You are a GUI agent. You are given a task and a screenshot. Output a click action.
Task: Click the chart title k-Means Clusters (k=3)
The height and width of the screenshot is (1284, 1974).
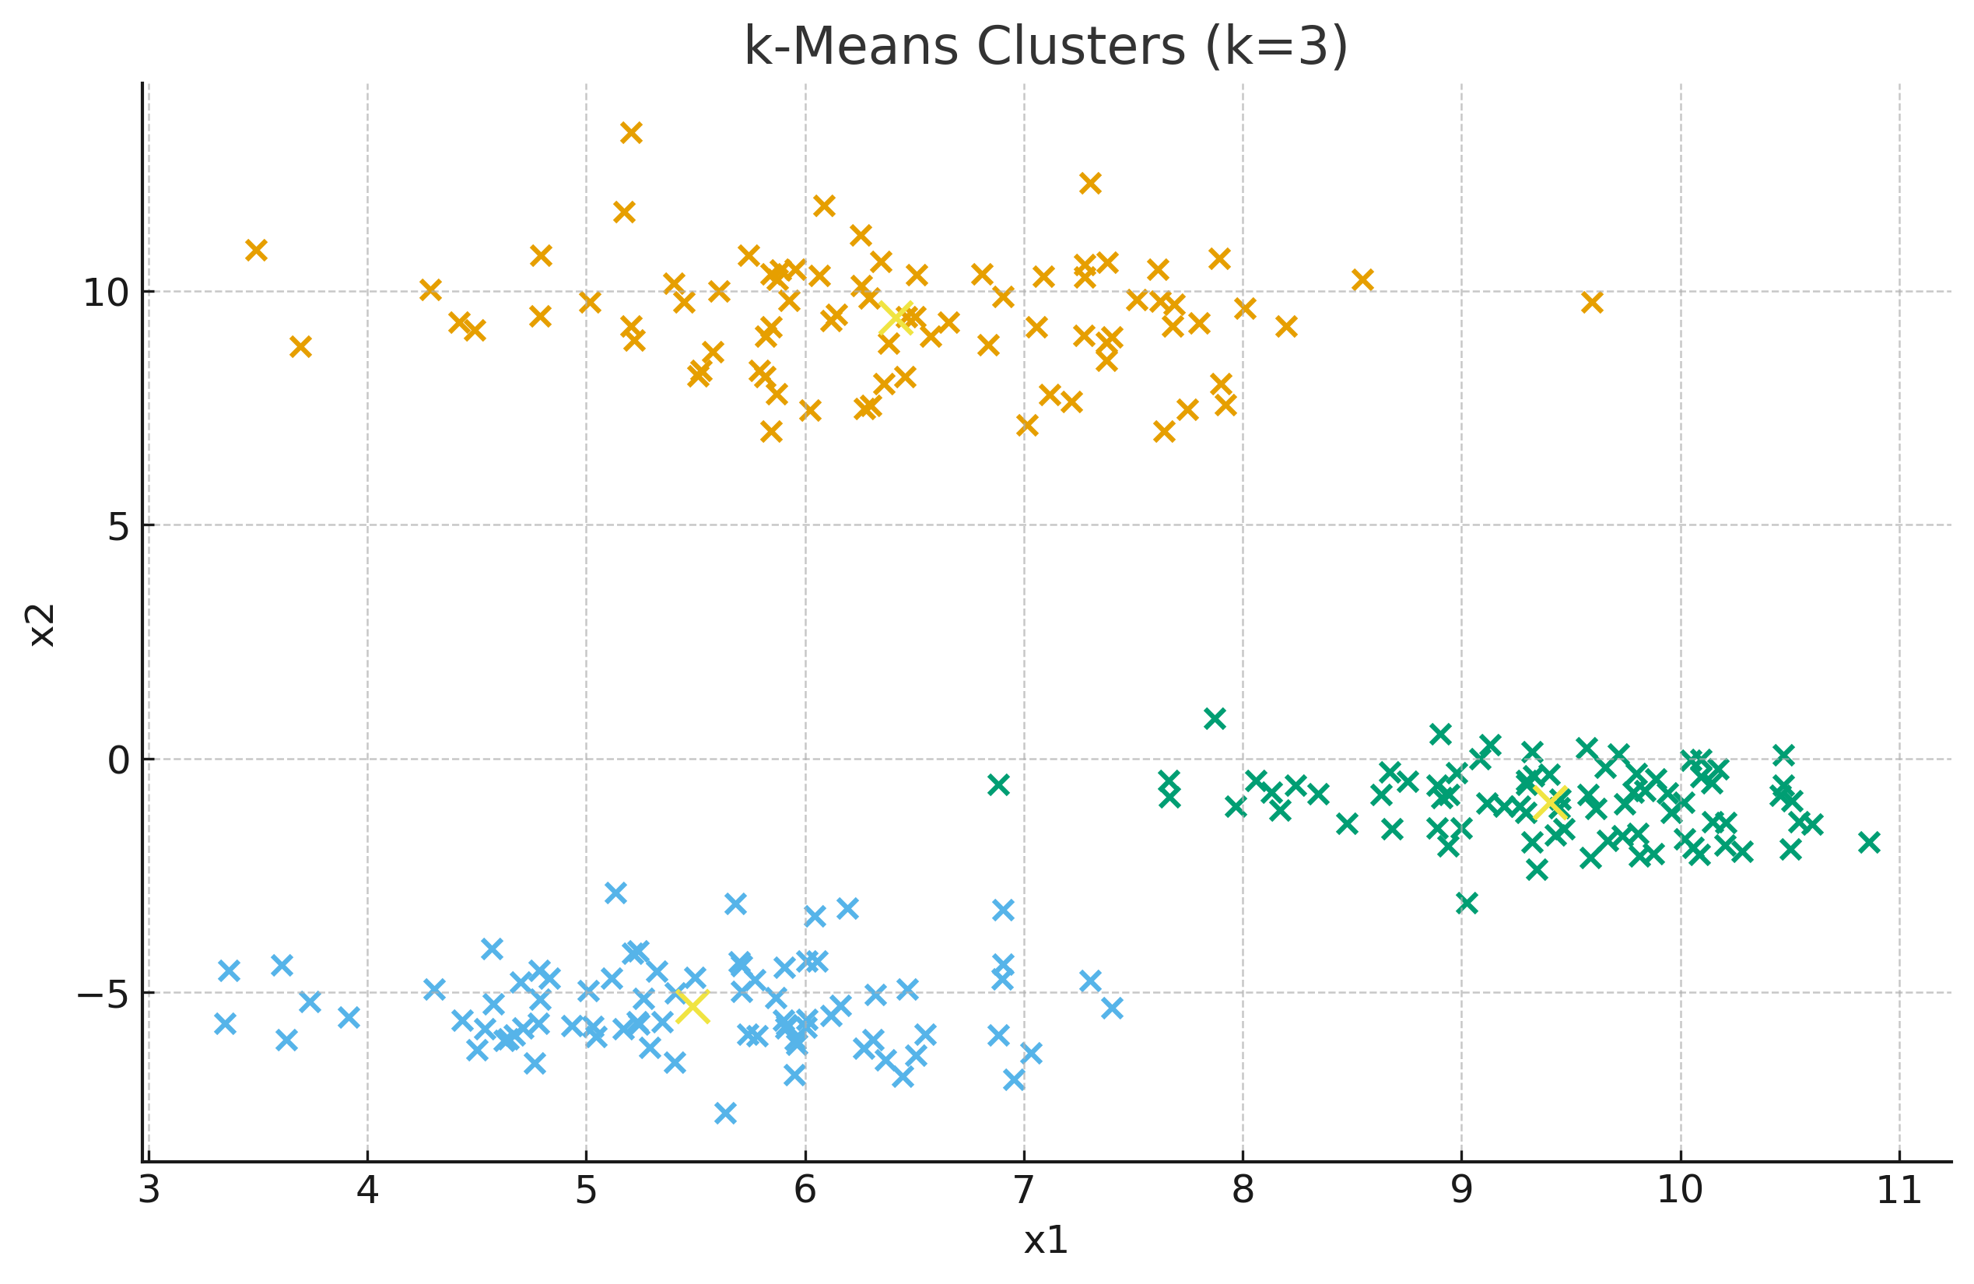(1045, 47)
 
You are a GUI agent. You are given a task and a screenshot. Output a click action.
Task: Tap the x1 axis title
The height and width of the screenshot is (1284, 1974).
(1045, 1240)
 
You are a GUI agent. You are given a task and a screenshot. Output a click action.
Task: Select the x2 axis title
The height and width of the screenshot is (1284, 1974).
(41, 625)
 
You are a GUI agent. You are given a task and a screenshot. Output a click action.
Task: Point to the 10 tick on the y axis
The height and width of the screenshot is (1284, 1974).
(105, 292)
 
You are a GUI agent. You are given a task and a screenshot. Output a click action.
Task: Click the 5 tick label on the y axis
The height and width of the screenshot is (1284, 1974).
(118, 526)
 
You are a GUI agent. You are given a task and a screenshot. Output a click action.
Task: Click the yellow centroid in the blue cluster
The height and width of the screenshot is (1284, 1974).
(692, 1006)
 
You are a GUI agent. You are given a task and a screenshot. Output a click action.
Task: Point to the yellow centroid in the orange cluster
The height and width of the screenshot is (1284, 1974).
(896, 318)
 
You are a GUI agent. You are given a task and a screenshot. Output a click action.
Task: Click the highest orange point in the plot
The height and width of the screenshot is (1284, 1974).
(631, 133)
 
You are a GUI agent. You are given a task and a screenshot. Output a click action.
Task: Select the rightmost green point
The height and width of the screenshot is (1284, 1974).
(1869, 843)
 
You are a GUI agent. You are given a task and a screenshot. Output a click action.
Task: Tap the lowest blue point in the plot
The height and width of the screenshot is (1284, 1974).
(725, 1113)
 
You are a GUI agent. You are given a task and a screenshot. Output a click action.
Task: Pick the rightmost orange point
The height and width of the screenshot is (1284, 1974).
(1592, 303)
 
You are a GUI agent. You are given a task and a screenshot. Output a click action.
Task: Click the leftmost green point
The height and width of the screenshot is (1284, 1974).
(998, 784)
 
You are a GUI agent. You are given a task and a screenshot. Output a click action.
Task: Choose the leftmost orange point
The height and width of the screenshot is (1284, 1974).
(256, 250)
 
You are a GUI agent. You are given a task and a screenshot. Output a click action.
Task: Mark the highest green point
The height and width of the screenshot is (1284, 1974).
(1215, 719)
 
